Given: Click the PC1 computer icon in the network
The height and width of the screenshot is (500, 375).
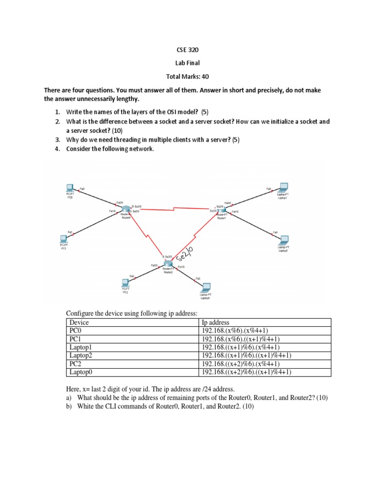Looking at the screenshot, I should tap(63, 239).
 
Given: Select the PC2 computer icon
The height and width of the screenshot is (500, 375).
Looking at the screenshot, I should tap(125, 282).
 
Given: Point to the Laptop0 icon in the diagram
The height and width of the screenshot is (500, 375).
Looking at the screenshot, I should tap(206, 287).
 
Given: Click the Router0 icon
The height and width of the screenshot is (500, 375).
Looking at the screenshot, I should tap(126, 210).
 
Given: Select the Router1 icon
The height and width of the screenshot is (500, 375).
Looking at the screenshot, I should tap(221, 210).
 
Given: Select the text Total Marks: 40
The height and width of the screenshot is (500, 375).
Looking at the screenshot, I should tap(187, 77).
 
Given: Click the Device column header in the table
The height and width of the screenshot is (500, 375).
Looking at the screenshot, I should tap(79, 322).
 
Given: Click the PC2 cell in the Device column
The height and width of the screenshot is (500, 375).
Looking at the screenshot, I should tap(75, 364).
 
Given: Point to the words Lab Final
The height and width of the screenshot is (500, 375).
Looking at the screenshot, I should tap(187, 63).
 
